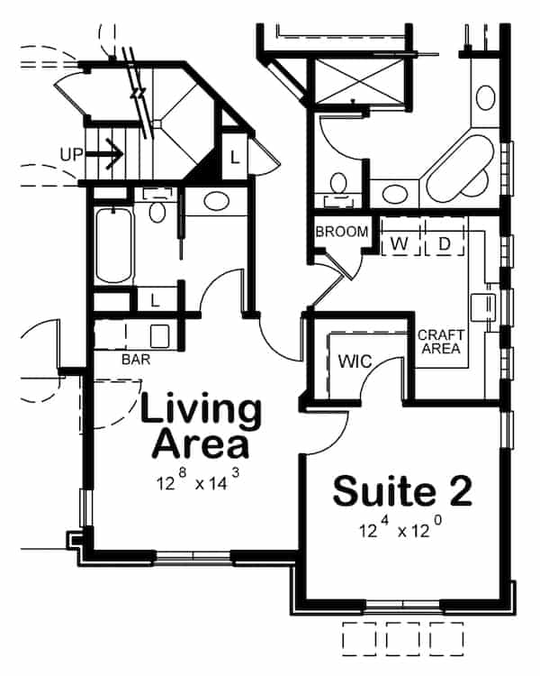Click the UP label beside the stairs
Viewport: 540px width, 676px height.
[x=71, y=154]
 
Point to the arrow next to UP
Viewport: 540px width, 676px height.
[x=106, y=154]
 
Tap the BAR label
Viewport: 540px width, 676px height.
[x=135, y=359]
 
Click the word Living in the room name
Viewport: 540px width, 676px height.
[x=202, y=410]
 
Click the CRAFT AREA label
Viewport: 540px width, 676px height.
[x=440, y=342]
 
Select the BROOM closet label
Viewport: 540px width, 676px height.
[x=341, y=232]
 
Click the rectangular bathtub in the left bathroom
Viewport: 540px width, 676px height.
[x=115, y=245]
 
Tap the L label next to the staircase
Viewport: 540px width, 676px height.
[x=234, y=158]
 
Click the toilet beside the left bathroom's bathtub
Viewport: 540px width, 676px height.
[x=158, y=212]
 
